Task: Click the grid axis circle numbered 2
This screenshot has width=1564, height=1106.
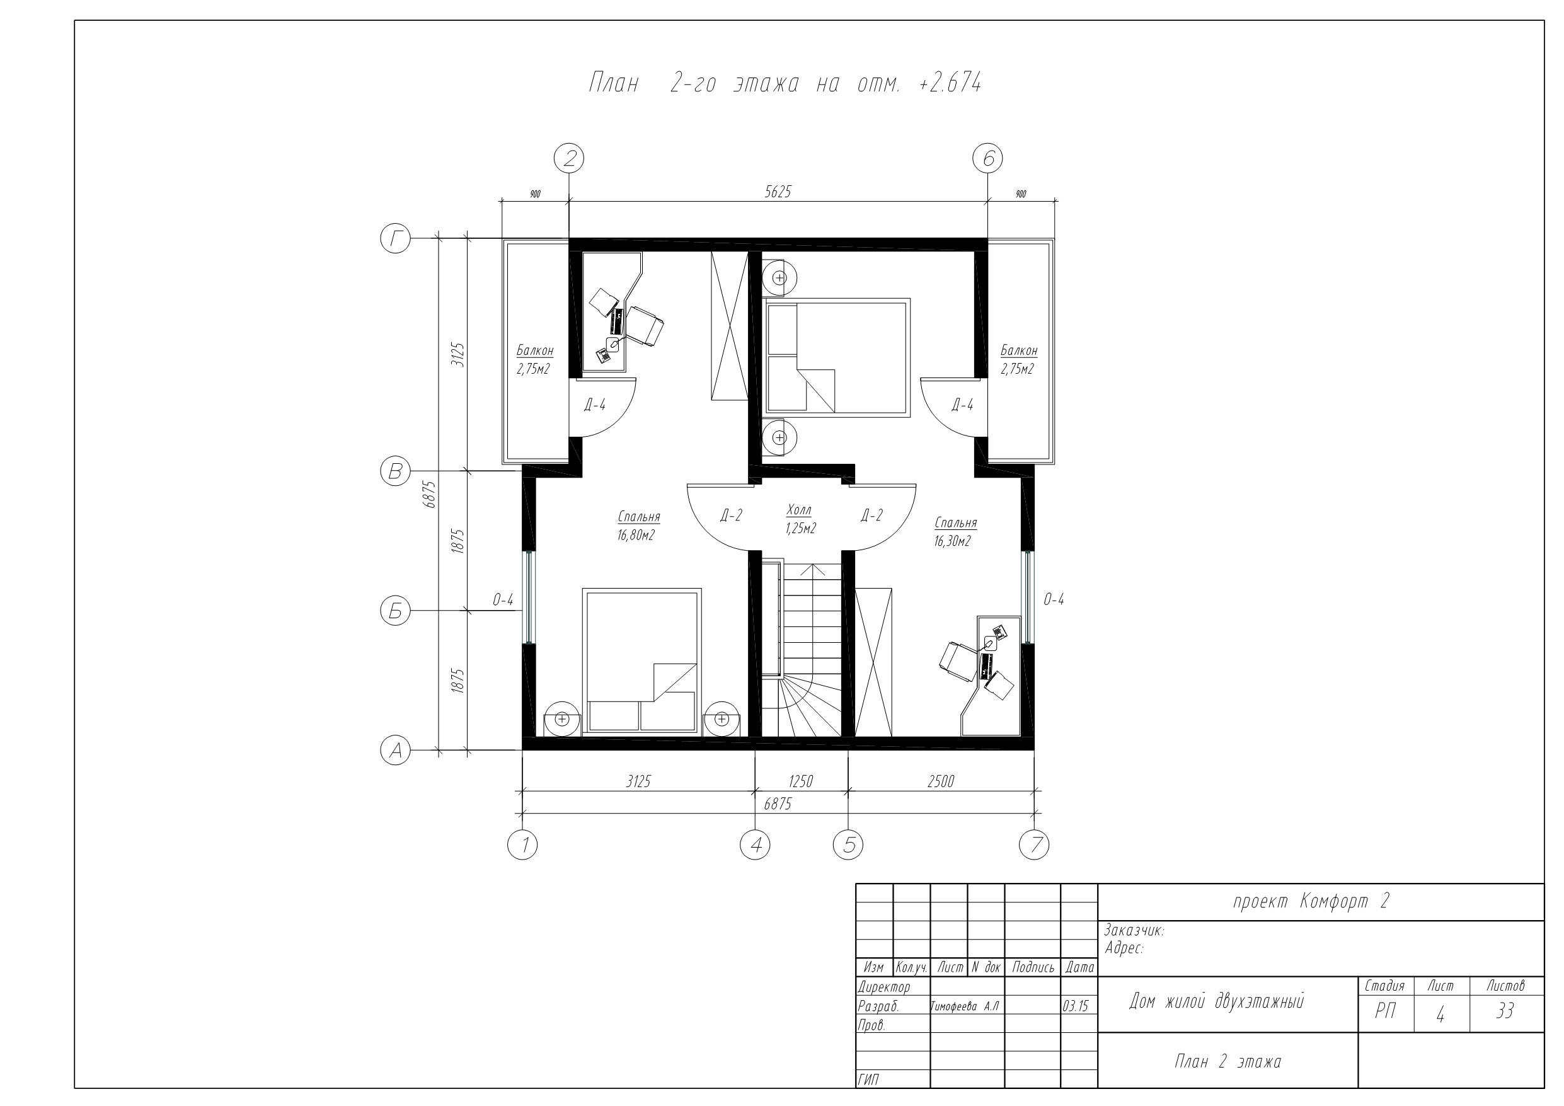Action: (x=570, y=159)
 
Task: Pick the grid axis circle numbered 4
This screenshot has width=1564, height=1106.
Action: (x=755, y=845)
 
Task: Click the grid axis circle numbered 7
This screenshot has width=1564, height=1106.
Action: (x=1034, y=845)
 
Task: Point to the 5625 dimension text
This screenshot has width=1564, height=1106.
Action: (x=778, y=192)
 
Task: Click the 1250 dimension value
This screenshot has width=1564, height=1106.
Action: (x=800, y=781)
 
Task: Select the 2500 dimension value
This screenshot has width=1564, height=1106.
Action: (x=941, y=781)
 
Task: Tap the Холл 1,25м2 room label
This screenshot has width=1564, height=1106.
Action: (x=800, y=519)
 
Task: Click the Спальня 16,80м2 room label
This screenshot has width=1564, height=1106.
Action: (x=638, y=526)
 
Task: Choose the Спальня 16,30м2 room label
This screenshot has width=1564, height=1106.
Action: (x=955, y=531)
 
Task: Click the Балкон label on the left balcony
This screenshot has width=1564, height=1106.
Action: (x=535, y=351)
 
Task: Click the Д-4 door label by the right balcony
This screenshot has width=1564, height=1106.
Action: (x=962, y=405)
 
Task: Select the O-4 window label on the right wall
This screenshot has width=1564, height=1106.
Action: (x=1053, y=600)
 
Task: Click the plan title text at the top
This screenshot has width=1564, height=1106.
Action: (x=785, y=83)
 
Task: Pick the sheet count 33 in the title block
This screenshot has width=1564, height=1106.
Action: (x=1505, y=1012)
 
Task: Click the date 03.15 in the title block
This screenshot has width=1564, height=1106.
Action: (x=1076, y=1006)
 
